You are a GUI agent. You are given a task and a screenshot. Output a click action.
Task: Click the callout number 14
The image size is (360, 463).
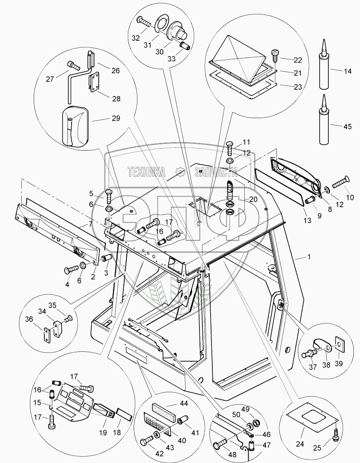[348, 71]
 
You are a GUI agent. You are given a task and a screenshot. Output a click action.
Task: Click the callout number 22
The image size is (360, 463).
[298, 60]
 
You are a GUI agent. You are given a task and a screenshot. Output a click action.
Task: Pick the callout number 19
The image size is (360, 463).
[103, 433]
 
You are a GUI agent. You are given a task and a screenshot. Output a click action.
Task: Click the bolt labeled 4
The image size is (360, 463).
[69, 270]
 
